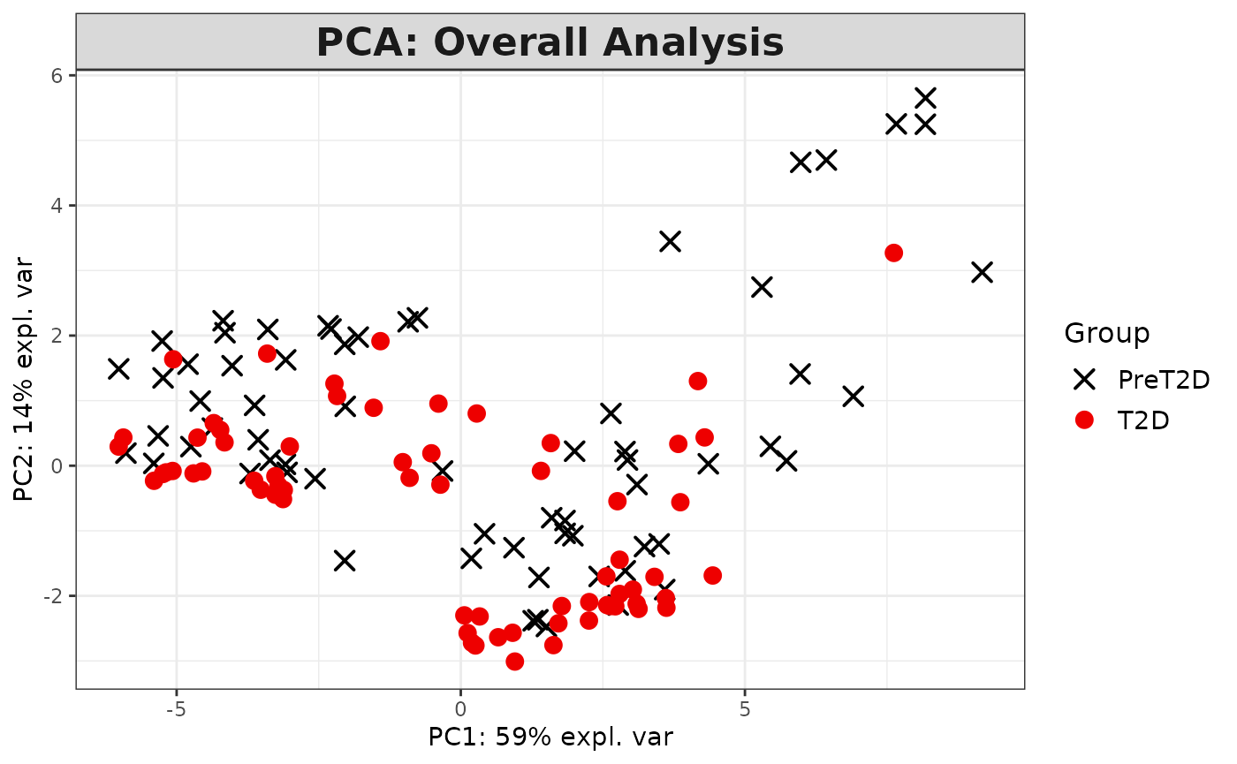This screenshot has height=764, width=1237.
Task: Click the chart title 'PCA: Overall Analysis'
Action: [x=550, y=42]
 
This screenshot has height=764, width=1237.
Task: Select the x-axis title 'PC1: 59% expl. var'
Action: [x=550, y=737]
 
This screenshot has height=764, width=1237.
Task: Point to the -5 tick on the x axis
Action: [x=176, y=710]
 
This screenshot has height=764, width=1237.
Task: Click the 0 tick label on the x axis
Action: [x=460, y=710]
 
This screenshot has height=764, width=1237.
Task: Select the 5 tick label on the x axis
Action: [x=745, y=710]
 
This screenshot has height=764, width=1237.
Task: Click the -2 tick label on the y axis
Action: [x=54, y=596]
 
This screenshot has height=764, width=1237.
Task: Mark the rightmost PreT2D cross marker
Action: [x=982, y=272]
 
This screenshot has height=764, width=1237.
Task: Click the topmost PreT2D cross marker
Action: [x=925, y=97]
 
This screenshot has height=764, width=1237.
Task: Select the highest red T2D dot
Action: [x=893, y=253]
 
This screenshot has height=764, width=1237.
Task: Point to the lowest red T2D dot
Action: [x=514, y=662]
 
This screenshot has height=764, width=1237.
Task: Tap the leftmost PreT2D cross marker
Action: [x=118, y=368]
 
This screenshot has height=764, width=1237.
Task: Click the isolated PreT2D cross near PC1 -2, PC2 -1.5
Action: [x=345, y=560]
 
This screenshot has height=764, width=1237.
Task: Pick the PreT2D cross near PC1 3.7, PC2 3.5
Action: [x=670, y=241]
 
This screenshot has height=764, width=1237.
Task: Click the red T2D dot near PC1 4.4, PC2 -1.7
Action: [x=712, y=576]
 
